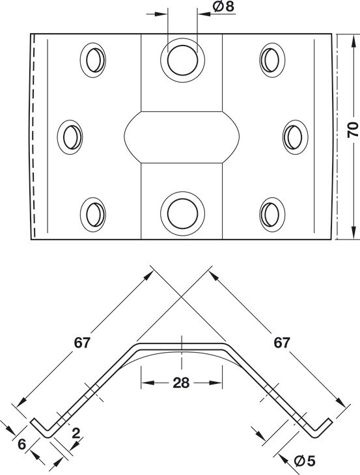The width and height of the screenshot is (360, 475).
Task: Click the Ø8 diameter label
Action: tap(224, 7)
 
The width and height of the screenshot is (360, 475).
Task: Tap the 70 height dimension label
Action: tap(353, 129)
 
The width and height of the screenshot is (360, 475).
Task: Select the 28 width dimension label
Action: tap(181, 383)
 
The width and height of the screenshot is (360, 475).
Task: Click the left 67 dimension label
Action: tap(82, 343)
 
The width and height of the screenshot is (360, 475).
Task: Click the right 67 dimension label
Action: tap(282, 343)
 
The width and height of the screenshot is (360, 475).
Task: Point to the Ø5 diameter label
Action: tap(305, 461)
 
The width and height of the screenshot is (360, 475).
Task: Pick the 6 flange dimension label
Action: tap(21, 444)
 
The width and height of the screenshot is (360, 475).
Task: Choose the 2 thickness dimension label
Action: tap(76, 433)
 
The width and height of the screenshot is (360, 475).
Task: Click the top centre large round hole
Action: tap(182, 60)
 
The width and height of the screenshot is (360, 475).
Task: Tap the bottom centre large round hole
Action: tap(182, 213)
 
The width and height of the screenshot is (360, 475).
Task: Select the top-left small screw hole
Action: tap(93, 60)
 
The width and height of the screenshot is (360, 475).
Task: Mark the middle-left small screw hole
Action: tap(70, 137)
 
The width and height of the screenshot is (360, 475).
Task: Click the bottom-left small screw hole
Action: tap(93, 215)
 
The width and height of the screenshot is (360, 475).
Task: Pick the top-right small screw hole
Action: tap(272, 60)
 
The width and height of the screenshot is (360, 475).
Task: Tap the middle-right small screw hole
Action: tap(295, 137)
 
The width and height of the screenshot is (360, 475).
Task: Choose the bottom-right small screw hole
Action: tap(272, 215)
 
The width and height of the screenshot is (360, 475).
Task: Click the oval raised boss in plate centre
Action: tap(182, 137)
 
